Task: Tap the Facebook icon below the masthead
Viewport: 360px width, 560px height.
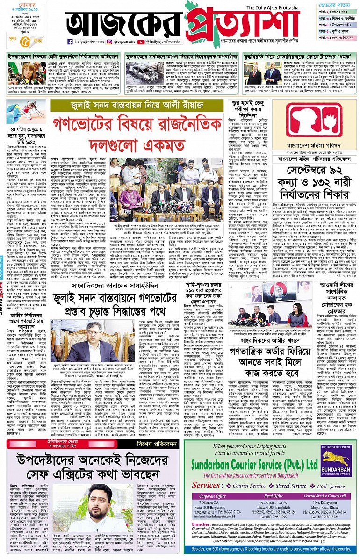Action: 70,42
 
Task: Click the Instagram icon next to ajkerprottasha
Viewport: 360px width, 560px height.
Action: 109,42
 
